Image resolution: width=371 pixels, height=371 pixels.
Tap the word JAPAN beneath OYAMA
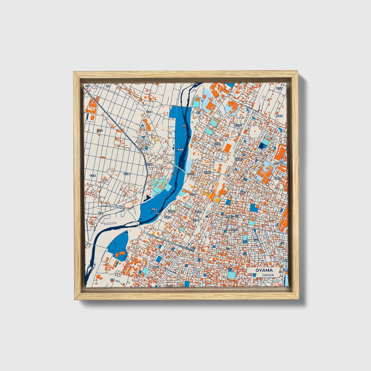[x=268, y=275]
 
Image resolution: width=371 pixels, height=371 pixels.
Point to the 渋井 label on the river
[x=184, y=126]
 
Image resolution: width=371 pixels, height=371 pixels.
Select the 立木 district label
[x=148, y=112]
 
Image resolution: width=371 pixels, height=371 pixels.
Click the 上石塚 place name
[x=100, y=131]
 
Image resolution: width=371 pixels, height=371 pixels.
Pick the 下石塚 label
[x=92, y=176]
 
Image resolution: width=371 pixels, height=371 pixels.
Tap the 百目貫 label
[x=127, y=174]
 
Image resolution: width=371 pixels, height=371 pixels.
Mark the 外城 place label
[x=112, y=280]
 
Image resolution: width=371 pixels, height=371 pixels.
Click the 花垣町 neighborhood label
[x=217, y=144]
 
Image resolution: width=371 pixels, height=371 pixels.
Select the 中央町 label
[x=192, y=195]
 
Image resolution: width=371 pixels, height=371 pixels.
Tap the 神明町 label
[x=167, y=217]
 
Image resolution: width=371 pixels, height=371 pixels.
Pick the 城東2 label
[x=243, y=192]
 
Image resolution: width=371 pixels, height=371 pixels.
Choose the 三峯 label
[x=207, y=216]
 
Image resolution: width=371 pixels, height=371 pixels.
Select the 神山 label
[x=193, y=249]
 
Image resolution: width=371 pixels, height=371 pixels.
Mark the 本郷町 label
[x=207, y=173]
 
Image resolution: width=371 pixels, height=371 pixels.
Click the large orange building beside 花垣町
[x=227, y=148]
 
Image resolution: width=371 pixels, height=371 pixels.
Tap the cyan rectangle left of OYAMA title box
[x=231, y=275]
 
